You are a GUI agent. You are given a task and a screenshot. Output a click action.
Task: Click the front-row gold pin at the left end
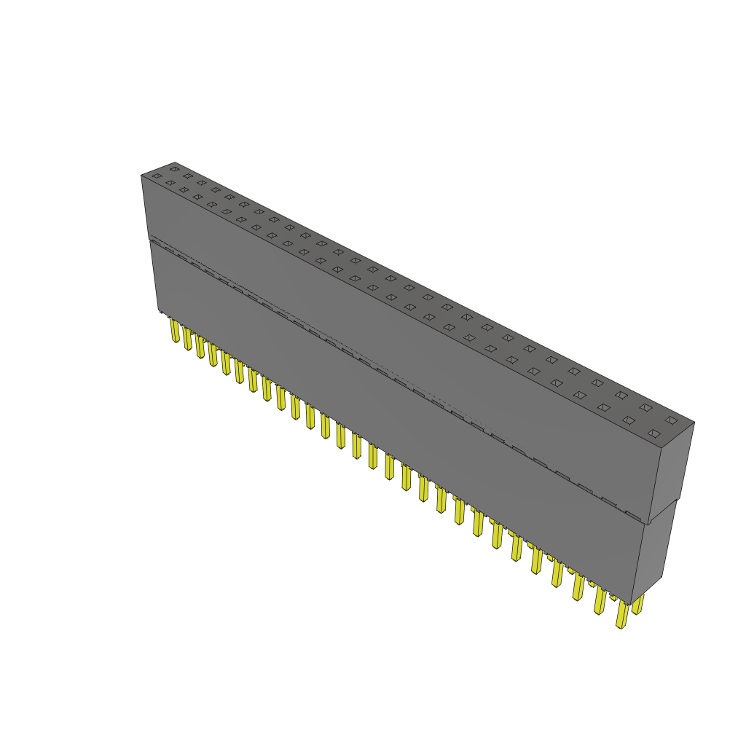(175, 331)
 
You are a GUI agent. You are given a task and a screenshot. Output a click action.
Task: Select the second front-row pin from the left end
(187, 339)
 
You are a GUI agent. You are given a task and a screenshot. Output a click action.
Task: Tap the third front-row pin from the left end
(200, 348)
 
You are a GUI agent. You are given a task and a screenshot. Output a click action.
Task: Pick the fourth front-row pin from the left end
(213, 356)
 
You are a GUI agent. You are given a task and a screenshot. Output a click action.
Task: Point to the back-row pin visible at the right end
(638, 604)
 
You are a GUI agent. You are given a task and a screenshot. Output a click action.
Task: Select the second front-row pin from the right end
(600, 601)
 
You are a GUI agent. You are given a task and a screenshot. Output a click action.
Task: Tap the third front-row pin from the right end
(578, 587)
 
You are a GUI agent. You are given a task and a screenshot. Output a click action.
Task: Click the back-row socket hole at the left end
(174, 169)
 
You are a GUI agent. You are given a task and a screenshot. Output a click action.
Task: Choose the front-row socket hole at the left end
(157, 176)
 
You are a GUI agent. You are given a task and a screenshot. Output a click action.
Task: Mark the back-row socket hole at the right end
(671, 420)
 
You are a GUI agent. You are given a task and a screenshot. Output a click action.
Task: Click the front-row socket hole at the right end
(653, 433)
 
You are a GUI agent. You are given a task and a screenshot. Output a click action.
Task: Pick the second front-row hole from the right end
(628, 420)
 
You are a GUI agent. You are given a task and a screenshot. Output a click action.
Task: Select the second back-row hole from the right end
(645, 407)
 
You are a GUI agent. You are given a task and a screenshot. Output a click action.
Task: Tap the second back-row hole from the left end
(188, 176)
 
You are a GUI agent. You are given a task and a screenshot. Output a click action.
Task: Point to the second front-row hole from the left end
(170, 183)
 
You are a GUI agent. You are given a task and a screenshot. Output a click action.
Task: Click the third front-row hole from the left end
(184, 189)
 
